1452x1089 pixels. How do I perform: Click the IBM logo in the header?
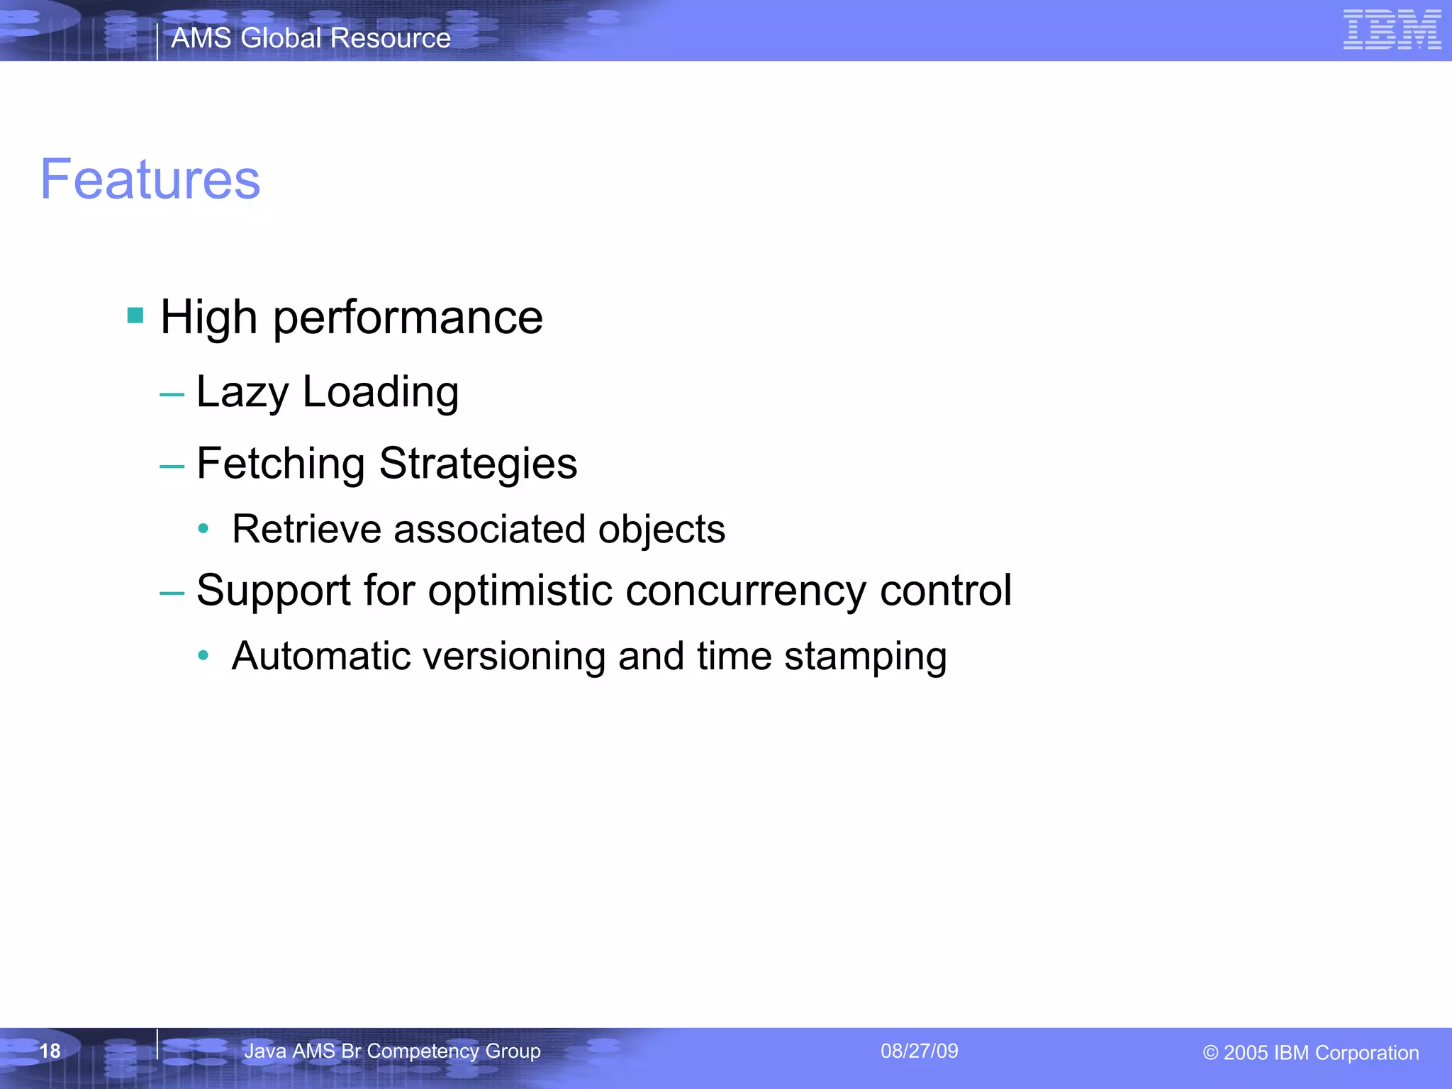(1392, 30)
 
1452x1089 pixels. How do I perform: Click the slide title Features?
(150, 179)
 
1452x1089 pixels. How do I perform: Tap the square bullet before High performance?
(135, 315)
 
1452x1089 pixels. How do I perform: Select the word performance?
(408, 318)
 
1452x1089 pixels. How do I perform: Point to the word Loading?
(381, 392)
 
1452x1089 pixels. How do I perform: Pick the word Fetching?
(281, 464)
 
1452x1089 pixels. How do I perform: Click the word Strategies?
(478, 464)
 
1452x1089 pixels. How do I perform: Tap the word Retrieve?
(306, 529)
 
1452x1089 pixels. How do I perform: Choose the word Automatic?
(321, 656)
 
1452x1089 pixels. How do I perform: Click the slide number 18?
(50, 1051)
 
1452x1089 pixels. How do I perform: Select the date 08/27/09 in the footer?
(919, 1051)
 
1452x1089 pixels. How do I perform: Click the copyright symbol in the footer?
(1210, 1054)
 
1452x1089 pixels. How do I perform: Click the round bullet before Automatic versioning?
(203, 656)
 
